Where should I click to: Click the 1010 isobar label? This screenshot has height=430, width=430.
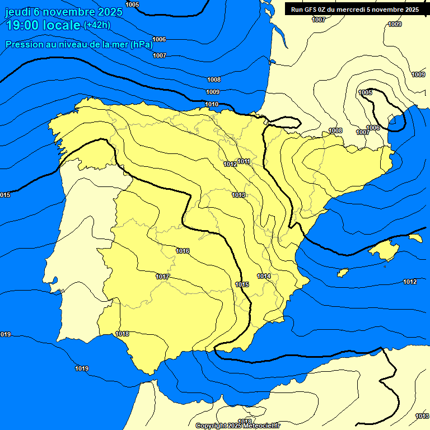coord(212,104)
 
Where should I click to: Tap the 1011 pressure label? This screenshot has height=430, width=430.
coord(244,161)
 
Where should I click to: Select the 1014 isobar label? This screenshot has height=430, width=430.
coord(264,276)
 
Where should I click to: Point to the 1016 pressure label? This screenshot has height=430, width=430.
coord(183,251)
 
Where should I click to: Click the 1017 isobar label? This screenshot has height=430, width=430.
coord(162,277)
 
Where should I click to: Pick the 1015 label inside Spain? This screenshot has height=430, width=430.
coord(242,284)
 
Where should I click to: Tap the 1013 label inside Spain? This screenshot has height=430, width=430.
coord(239,195)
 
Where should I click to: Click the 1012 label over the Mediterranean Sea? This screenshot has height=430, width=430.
coord(410,282)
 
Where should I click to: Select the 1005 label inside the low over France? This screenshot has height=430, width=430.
coord(365,92)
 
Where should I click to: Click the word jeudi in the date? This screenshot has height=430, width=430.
coord(18,12)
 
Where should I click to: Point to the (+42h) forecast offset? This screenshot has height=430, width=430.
coord(97,25)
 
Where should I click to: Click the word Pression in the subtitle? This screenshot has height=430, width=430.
coord(25,45)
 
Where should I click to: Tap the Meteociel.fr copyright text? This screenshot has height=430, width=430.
coord(238,426)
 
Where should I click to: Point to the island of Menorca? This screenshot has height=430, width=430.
coord(415,238)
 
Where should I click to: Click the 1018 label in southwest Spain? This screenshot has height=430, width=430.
coord(122,334)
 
